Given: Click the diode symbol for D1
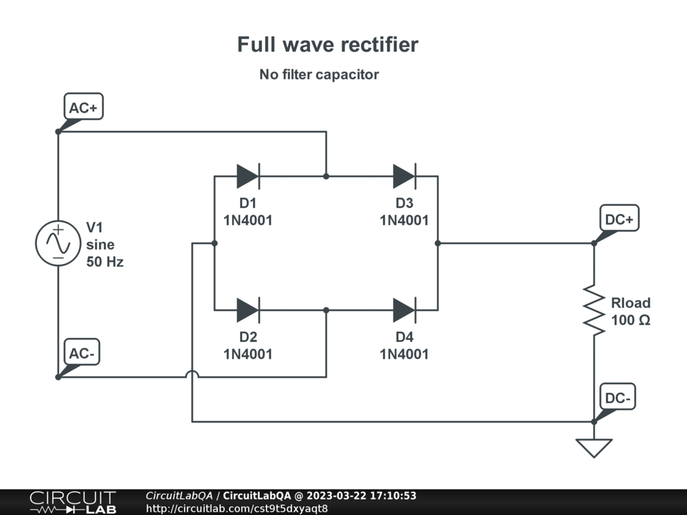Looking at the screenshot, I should tap(248, 176).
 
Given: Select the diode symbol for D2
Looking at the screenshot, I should tap(248, 310).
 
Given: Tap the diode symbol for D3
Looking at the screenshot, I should tap(405, 176).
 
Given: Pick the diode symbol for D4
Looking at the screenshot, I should tap(405, 310).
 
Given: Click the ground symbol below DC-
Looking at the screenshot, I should tap(594, 447).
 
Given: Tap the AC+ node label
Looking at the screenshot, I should tap(84, 107).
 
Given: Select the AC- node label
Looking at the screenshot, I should tap(82, 353).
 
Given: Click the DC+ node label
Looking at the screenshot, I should tap(619, 219).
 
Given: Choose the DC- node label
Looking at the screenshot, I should tap(617, 398).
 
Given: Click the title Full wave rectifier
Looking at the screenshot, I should tap(327, 45).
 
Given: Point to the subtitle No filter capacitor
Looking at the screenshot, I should tap(319, 74).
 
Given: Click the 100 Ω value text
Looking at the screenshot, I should tap(631, 321).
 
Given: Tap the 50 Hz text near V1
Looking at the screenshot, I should tap(105, 262).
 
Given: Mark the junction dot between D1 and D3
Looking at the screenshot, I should tap(326, 176).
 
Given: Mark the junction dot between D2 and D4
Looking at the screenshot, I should tap(326, 310).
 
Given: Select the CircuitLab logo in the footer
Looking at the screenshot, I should tap(72, 502).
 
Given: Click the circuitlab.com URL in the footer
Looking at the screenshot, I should tap(237, 508).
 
